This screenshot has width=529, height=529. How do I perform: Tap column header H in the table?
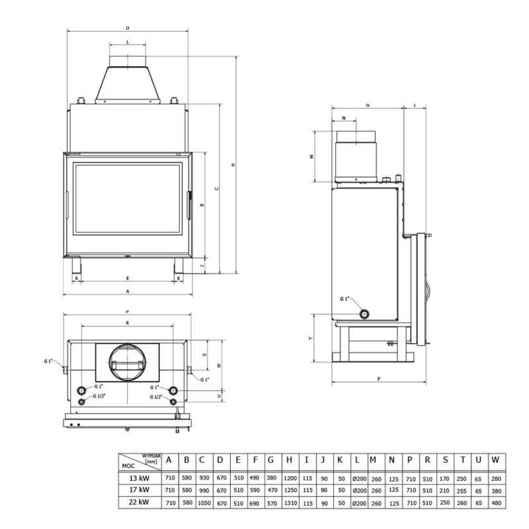tap(290, 460)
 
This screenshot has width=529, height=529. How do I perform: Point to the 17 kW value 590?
tap(255, 490)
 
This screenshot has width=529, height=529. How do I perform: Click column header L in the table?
tap(358, 460)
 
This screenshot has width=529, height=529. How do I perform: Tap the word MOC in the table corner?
tap(128, 465)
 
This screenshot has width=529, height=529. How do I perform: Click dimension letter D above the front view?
tap(126, 28)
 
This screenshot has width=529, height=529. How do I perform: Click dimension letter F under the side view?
tap(379, 379)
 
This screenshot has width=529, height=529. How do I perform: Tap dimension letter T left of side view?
tap(311, 338)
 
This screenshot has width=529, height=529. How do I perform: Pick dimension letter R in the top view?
tap(126, 323)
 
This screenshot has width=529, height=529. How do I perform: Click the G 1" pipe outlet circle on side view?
tap(364, 313)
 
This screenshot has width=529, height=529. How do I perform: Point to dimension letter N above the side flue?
tap(345, 118)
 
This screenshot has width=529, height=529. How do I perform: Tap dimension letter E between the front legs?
tap(128, 278)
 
